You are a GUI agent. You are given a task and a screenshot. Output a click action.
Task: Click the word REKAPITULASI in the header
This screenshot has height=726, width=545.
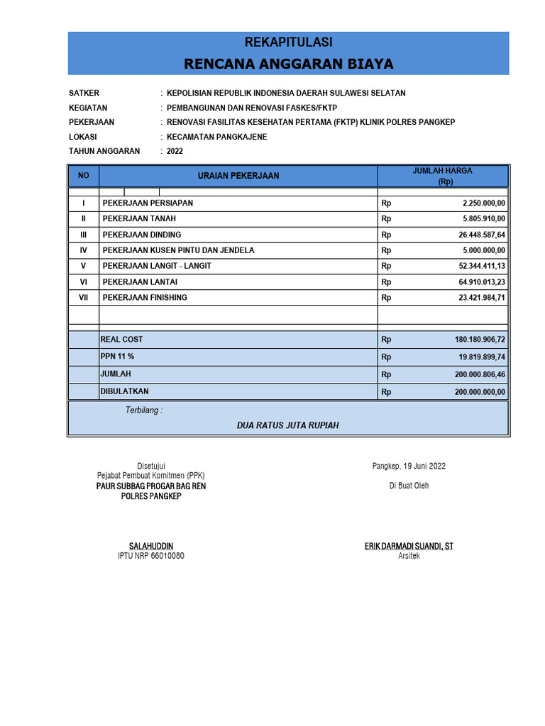click(x=288, y=43)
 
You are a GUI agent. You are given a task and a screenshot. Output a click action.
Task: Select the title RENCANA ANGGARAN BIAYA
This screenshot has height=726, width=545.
click(x=288, y=65)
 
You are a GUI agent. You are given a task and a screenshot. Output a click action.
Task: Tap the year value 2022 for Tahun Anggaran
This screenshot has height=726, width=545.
click(x=175, y=151)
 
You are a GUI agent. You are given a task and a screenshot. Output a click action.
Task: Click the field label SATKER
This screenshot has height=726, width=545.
click(x=84, y=93)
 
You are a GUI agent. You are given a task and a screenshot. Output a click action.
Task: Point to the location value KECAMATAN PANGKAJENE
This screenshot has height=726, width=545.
click(x=216, y=137)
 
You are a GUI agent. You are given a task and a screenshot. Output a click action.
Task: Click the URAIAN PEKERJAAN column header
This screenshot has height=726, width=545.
click(x=238, y=176)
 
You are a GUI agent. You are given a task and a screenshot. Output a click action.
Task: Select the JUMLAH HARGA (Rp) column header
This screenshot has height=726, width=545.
click(x=442, y=176)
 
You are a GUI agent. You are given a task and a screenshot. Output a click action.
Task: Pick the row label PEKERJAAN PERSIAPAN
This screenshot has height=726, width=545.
click(x=148, y=203)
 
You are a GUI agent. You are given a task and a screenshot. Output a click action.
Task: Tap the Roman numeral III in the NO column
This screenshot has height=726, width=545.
click(x=83, y=235)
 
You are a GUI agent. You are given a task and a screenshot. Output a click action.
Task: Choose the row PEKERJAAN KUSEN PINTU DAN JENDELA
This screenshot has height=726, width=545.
click(x=178, y=250)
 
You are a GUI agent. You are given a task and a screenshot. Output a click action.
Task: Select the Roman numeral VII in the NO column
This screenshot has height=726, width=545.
click(x=83, y=298)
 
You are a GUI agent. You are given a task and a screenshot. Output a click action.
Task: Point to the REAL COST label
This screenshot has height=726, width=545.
click(x=121, y=340)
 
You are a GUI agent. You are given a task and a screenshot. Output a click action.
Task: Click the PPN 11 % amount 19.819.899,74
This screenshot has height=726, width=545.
click(x=481, y=357)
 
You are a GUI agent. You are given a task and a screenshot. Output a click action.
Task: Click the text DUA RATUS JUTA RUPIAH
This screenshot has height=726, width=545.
click(x=288, y=425)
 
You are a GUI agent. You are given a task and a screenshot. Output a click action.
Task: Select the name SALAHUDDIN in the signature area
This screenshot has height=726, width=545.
click(x=150, y=546)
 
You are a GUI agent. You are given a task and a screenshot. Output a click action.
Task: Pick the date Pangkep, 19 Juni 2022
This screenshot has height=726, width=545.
click(x=409, y=466)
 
